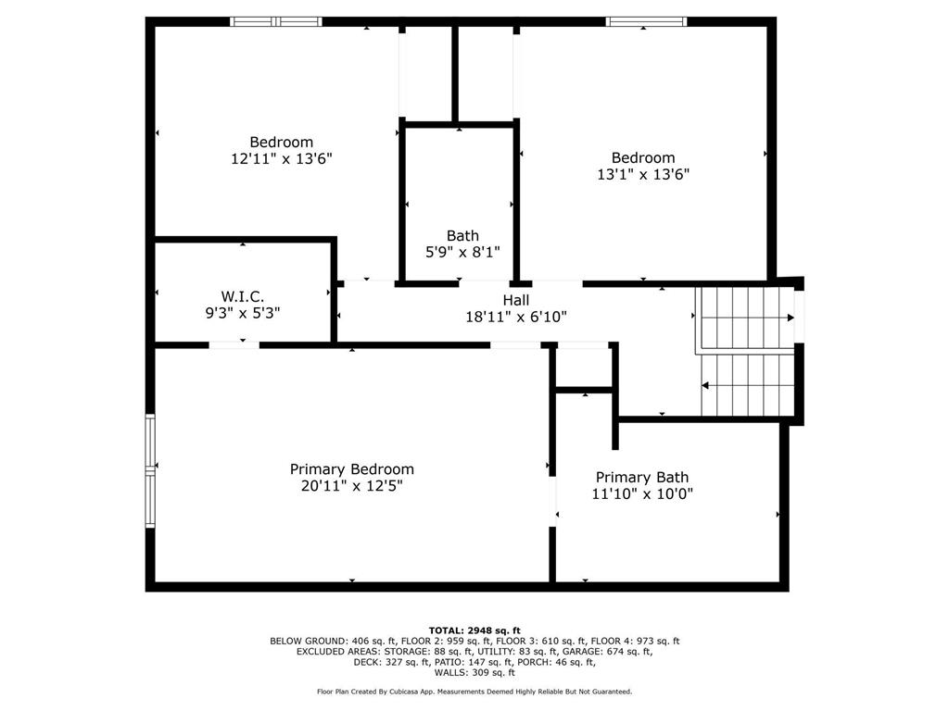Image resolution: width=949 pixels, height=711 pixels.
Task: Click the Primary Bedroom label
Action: (351, 469)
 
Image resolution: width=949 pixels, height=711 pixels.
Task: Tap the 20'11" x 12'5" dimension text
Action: (351, 485)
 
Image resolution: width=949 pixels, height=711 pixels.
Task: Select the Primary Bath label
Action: (641, 478)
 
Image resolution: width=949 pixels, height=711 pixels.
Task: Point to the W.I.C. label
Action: (242, 296)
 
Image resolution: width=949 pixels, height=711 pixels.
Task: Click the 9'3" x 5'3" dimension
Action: (242, 313)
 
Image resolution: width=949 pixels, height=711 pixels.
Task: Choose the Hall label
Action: (516, 300)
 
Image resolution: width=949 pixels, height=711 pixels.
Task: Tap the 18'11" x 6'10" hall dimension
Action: (516, 317)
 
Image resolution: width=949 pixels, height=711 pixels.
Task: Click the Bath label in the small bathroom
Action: (462, 236)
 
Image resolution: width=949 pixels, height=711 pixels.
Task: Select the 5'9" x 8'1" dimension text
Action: (462, 252)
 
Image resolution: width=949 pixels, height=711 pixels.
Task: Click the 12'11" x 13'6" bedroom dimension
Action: (281, 158)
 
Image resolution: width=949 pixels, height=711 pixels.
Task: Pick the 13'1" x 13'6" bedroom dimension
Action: (642, 173)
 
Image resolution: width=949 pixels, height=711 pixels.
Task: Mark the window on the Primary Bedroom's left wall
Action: (149, 471)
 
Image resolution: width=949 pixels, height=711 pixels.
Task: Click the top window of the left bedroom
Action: (275, 21)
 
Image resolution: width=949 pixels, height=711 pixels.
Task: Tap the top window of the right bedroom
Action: (646, 21)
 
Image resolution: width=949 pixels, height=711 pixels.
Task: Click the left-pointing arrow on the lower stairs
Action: (707, 385)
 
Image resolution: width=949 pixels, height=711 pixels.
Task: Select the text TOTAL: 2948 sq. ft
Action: (474, 630)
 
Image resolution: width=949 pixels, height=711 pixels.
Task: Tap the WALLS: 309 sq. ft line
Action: (474, 673)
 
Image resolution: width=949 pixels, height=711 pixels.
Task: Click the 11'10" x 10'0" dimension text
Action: (641, 494)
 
